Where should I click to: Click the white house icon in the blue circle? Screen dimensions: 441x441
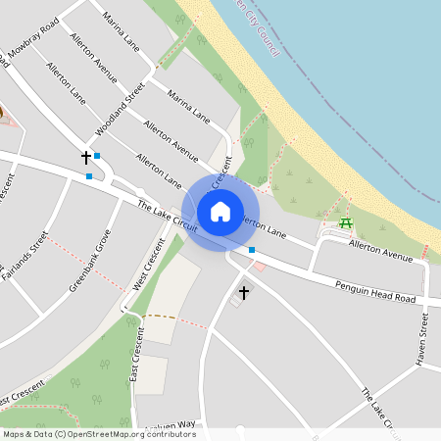pos(220,212)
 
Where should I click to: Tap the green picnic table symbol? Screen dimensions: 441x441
pos(345,223)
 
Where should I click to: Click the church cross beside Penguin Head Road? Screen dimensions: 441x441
pos(244,292)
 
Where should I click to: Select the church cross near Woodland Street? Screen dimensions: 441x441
pos(85,157)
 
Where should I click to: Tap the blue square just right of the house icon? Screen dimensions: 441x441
pos(252,251)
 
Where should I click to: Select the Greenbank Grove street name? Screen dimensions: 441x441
pos(89,263)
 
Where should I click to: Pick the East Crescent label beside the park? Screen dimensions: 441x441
pos(135,355)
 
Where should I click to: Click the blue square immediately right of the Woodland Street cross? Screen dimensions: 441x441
pos(96,156)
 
